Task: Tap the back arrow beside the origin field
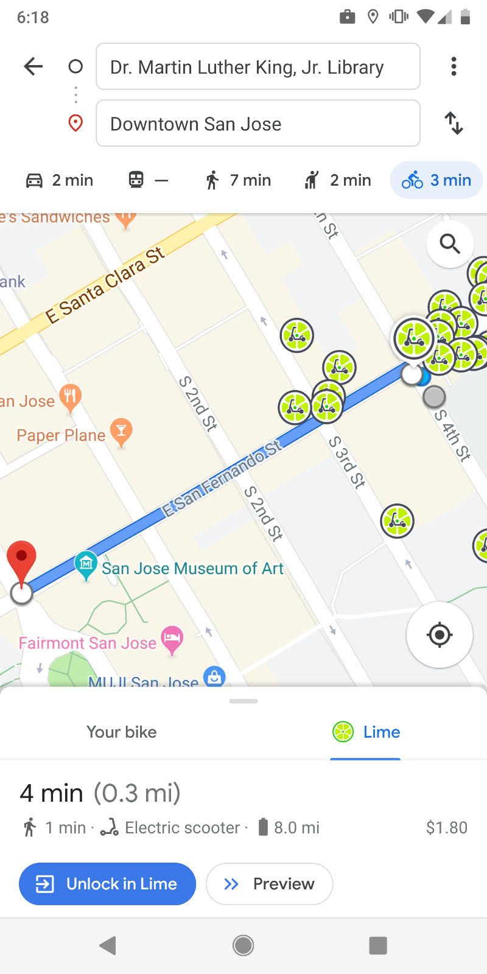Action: [x=33, y=66]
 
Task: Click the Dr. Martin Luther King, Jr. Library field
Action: [x=258, y=67]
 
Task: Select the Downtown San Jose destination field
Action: [x=258, y=124]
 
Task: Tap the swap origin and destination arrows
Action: [x=454, y=123]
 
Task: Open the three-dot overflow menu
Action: [x=454, y=66]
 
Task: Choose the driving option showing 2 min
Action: [x=60, y=180]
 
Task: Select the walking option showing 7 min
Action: [x=238, y=180]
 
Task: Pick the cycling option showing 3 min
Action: [x=436, y=180]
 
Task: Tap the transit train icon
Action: [x=136, y=180]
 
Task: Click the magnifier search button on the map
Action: [x=450, y=244]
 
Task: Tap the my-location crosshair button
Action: [x=440, y=635]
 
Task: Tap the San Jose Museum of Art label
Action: [x=192, y=569]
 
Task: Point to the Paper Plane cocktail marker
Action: [x=121, y=432]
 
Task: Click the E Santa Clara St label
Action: [x=105, y=284]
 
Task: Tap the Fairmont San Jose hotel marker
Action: [x=172, y=640]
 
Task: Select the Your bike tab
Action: [x=122, y=732]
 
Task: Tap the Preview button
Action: [x=270, y=884]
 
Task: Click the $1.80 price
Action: [x=446, y=827]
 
